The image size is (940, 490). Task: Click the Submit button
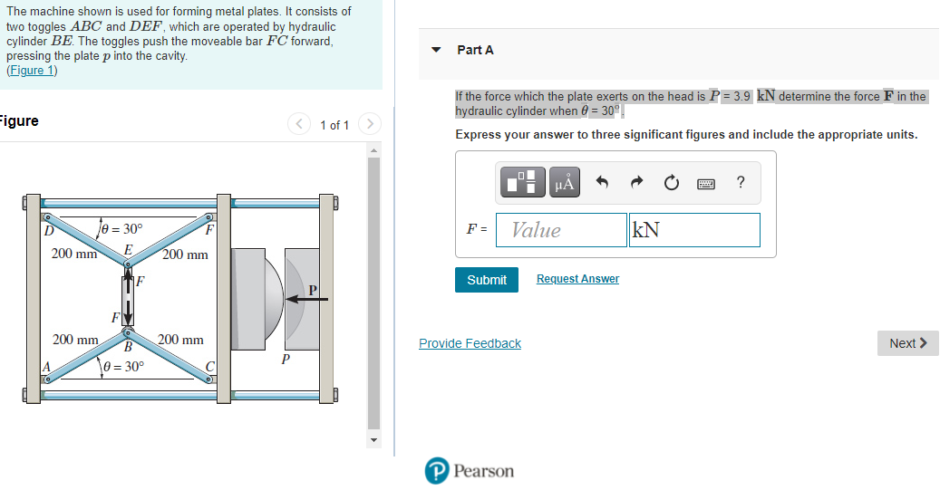(486, 280)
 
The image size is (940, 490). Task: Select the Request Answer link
(577, 279)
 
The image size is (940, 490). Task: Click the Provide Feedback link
(470, 343)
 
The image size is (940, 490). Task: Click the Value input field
(561, 230)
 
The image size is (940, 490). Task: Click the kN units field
(694, 230)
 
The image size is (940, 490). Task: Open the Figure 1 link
(32, 70)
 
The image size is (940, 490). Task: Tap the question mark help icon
(741, 182)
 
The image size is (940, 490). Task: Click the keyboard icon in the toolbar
(705, 183)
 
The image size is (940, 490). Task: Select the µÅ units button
(564, 182)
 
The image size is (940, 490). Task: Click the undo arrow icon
(603, 182)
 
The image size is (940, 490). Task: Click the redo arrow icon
(636, 182)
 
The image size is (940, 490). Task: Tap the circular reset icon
(672, 182)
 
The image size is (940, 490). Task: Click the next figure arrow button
(370, 124)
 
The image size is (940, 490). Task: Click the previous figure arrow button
(298, 124)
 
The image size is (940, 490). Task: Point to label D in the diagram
(49, 230)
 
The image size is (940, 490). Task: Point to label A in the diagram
(45, 367)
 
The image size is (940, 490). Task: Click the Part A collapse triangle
(436, 50)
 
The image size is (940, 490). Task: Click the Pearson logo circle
(436, 470)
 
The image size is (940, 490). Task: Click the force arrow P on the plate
(307, 298)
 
